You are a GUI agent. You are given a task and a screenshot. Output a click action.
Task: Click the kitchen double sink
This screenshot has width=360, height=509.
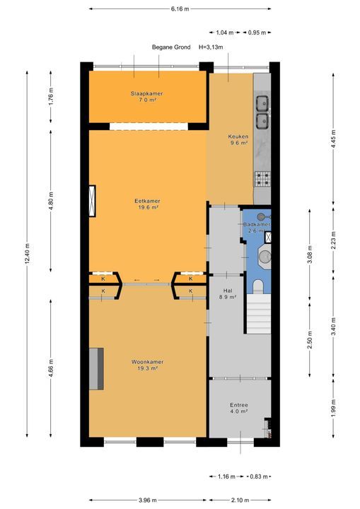coord(262,112)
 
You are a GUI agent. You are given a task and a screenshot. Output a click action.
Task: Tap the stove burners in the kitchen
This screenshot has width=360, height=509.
coord(262,177)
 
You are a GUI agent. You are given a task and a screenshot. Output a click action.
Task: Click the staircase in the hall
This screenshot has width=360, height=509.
coord(259,315)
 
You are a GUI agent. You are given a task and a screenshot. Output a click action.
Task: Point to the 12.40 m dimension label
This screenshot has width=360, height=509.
coord(28,259)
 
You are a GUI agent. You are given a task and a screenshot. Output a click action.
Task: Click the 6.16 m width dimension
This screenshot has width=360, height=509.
coord(180,8)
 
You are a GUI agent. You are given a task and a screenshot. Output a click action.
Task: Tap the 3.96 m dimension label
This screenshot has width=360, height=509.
coord(147,499)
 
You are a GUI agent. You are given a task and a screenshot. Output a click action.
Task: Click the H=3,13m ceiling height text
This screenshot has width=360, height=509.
coord(211,47)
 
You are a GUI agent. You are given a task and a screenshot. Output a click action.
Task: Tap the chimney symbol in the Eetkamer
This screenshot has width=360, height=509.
coord(92,201)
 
